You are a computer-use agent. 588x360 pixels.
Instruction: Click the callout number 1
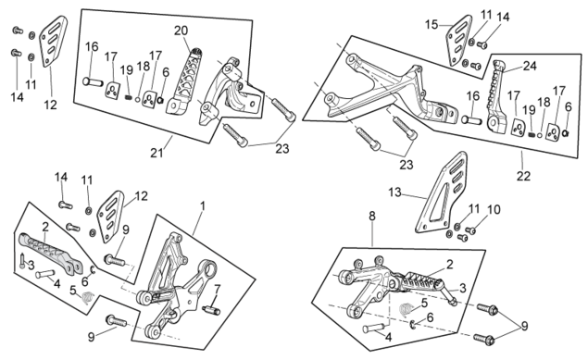pos(203,206)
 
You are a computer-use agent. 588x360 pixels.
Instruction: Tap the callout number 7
pos(217,289)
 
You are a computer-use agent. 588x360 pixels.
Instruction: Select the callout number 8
pos(371,217)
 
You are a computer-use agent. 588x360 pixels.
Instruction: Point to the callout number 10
pos(494,210)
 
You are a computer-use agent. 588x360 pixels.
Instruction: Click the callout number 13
pos(394,192)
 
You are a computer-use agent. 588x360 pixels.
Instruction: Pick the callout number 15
pos(432,25)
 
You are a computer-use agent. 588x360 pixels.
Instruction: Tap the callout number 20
pos(181,31)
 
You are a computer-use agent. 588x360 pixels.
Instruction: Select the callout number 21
pos(156,153)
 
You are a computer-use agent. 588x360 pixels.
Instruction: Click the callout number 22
pos(523,176)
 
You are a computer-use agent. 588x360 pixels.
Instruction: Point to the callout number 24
pos(530,66)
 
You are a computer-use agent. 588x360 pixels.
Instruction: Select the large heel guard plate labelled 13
pos(441,192)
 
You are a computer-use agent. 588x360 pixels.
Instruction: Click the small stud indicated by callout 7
pos(211,310)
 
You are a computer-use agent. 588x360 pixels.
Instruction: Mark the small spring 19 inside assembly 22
pos(532,134)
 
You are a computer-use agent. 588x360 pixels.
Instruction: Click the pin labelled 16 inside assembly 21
pos(93,81)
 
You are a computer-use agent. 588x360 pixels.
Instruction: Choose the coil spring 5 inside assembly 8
pos(406,309)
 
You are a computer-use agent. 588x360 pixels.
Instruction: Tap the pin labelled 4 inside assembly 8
pos(373,329)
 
